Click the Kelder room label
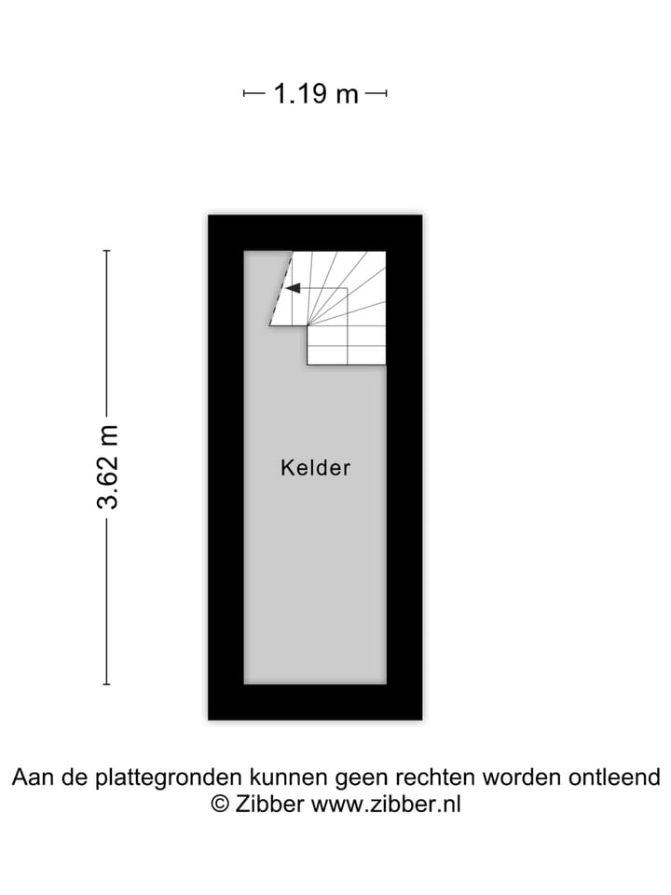pyautogui.click(x=315, y=467)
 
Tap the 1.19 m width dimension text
pyautogui.click(x=316, y=93)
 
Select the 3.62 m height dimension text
pyautogui.click(x=107, y=467)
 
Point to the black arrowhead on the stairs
pyautogui.click(x=293, y=288)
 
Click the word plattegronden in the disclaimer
pyautogui.click(x=170, y=778)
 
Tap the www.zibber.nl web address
pyautogui.click(x=386, y=805)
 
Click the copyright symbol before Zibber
pyautogui.click(x=220, y=805)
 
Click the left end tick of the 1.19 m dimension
pyautogui.click(x=244, y=93)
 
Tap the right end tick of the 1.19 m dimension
pyautogui.click(x=386, y=93)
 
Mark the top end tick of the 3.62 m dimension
pyautogui.click(x=106, y=251)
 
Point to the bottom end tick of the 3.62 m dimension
pyautogui.click(x=106, y=683)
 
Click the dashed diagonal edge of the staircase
pyautogui.click(x=281, y=289)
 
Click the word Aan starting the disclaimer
pyautogui.click(x=30, y=777)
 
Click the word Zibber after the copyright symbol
pyautogui.click(x=269, y=805)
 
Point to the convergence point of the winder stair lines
pyautogui.click(x=308, y=325)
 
